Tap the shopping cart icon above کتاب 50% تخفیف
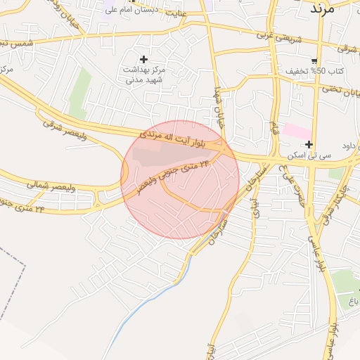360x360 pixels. tap(314, 60)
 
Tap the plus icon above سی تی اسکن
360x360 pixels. tap(309, 144)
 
